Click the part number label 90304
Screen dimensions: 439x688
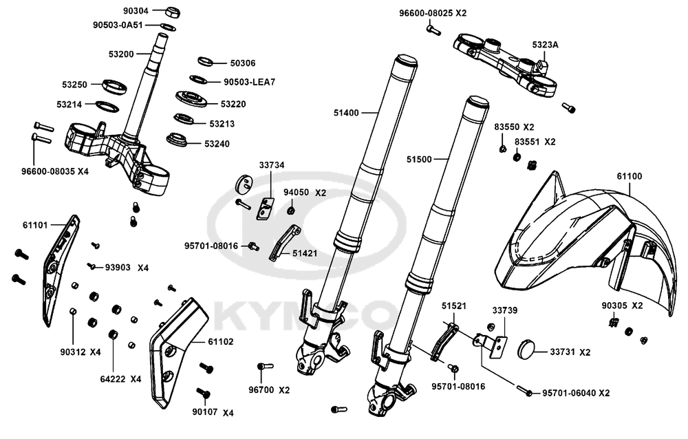click(135, 11)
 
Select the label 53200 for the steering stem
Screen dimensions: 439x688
click(122, 52)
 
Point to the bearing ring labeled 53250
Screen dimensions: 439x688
click(114, 86)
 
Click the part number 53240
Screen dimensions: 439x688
click(218, 144)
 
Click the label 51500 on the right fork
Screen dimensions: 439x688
click(418, 159)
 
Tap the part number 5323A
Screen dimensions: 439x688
click(546, 44)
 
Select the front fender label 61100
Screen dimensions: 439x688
click(629, 176)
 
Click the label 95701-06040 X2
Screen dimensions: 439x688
click(576, 393)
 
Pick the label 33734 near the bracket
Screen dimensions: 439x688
click(271, 165)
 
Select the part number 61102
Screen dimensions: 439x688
click(220, 342)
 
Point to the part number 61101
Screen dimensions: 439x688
click(34, 225)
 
